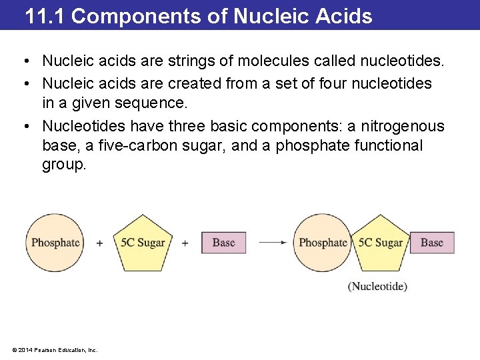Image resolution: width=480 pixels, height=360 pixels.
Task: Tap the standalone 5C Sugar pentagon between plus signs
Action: [142, 243]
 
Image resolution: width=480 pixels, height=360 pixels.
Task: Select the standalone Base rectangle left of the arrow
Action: [223, 243]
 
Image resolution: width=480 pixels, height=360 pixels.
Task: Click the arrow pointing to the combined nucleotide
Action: [272, 243]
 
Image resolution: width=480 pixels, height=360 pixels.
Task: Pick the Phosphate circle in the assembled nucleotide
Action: [323, 243]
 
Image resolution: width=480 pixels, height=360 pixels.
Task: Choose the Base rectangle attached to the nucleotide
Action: [431, 243]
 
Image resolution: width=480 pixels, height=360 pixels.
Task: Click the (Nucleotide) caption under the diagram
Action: [377, 286]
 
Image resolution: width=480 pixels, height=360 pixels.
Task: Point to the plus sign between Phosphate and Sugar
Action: [99, 243]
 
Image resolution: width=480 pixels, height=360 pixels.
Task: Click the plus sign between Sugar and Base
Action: [185, 243]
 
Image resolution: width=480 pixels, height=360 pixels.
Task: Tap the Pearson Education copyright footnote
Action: [55, 349]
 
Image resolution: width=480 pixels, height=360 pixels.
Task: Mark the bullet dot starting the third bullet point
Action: [23, 126]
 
